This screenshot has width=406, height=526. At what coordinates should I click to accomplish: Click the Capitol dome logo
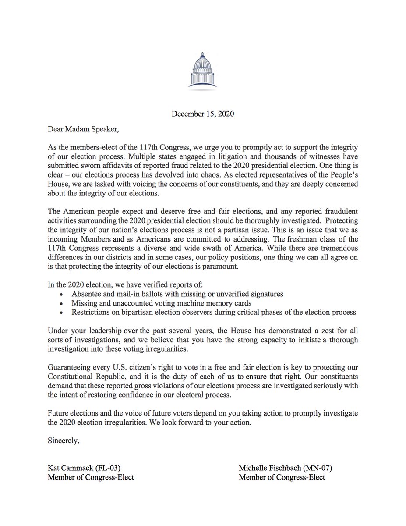(x=202, y=70)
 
